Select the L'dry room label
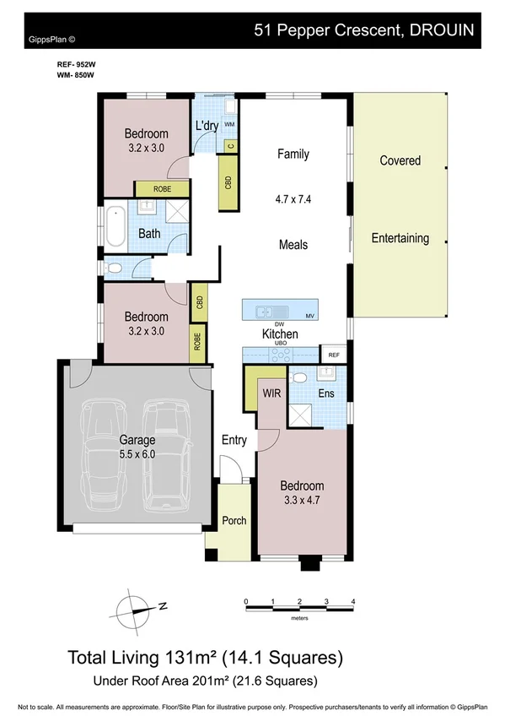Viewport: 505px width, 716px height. coord(207,127)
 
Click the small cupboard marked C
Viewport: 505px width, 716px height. coord(229,145)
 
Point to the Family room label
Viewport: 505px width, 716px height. coord(293,154)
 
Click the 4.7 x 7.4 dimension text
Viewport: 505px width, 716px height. coord(293,200)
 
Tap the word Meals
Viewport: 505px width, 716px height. coord(293,245)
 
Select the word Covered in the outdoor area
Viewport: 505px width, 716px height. coord(400,160)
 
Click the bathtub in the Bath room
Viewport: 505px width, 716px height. coord(115,226)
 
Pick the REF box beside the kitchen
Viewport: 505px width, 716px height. coord(334,355)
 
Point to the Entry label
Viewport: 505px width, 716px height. coord(234,440)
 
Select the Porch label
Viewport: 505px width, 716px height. coord(234,520)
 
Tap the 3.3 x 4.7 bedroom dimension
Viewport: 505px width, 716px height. coord(302,501)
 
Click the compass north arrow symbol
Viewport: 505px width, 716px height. coord(137,606)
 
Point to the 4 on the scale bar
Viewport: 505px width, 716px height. coord(352,601)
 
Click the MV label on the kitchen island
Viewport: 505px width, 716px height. coord(310,316)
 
